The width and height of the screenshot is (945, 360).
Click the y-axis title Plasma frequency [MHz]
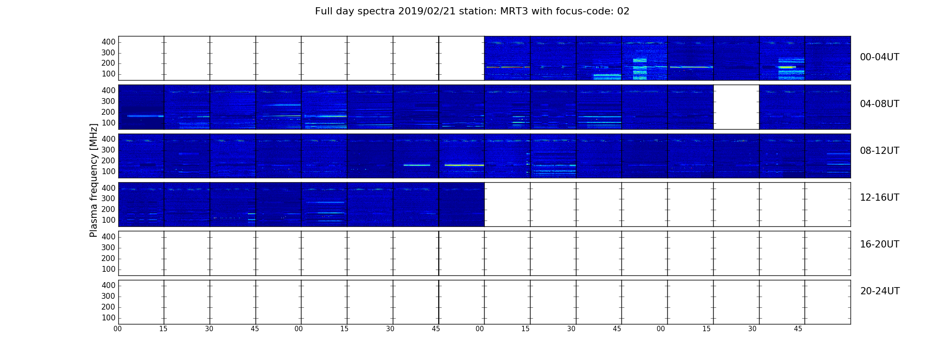(x=94, y=180)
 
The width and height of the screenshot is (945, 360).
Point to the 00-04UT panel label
(x=880, y=57)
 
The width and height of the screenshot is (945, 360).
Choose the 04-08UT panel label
(x=880, y=104)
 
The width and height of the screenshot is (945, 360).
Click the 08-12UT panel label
(x=880, y=151)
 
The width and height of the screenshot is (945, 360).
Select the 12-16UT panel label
(x=880, y=198)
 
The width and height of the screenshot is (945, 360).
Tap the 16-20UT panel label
(x=880, y=244)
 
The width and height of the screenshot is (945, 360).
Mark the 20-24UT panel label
(x=880, y=291)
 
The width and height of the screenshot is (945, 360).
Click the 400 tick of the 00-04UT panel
(x=108, y=42)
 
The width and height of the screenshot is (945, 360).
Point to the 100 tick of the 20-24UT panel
(x=108, y=318)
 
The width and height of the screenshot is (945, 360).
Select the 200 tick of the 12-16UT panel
(x=108, y=209)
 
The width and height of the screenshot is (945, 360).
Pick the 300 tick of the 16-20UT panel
(x=108, y=247)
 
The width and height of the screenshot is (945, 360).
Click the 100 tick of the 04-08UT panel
(x=108, y=123)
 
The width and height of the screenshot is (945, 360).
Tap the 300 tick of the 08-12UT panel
(x=108, y=150)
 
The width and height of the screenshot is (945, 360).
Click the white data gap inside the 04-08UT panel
(x=736, y=107)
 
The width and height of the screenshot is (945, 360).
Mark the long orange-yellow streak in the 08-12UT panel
(x=464, y=165)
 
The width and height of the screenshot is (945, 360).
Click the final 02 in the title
(x=623, y=11)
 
